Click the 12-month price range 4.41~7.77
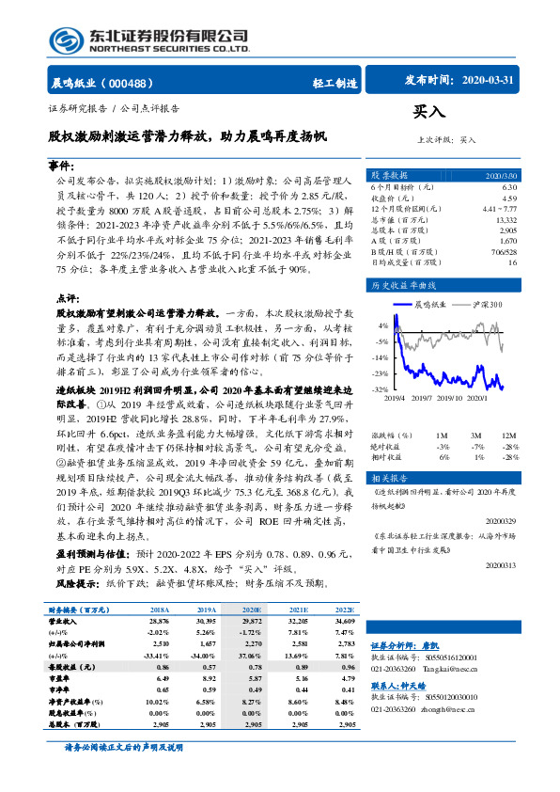(x=497, y=208)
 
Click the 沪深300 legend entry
(x=486, y=305)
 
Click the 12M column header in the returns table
(x=509, y=436)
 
